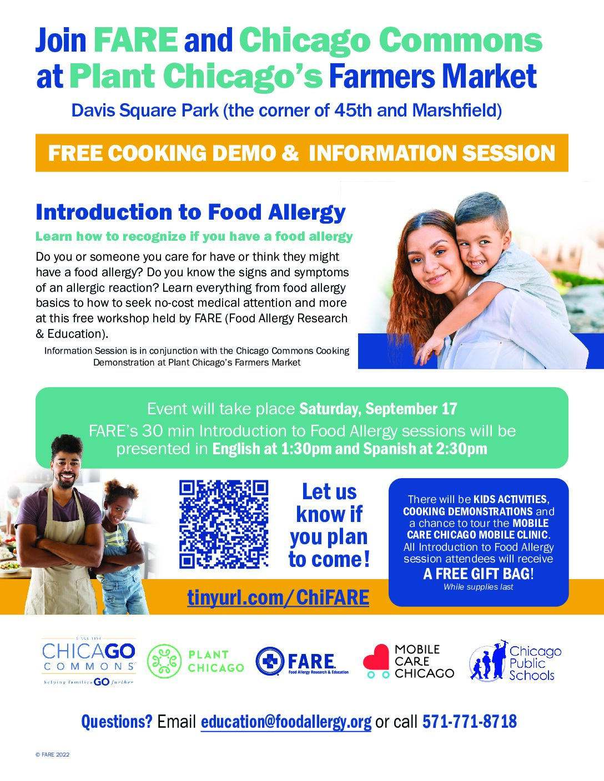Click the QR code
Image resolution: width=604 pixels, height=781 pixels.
(x=224, y=524)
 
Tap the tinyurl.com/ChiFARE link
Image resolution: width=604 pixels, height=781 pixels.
(x=278, y=598)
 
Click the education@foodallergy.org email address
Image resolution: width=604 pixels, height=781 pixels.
(x=286, y=722)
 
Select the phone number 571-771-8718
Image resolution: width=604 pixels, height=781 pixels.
(x=470, y=721)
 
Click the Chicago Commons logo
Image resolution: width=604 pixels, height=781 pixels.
(x=89, y=662)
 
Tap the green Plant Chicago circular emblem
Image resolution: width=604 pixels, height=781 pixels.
(x=164, y=661)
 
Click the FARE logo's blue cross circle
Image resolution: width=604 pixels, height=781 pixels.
(x=270, y=661)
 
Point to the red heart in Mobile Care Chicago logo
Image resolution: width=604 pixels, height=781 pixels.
(x=376, y=657)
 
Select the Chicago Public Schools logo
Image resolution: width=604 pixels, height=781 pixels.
(x=515, y=661)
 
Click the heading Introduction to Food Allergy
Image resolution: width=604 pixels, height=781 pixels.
(x=190, y=212)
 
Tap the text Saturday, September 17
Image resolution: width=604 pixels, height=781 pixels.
(x=378, y=409)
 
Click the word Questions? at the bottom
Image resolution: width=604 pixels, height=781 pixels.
(x=117, y=722)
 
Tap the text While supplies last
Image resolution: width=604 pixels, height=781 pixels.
(x=478, y=587)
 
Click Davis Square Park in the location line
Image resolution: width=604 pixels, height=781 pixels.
(x=145, y=110)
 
